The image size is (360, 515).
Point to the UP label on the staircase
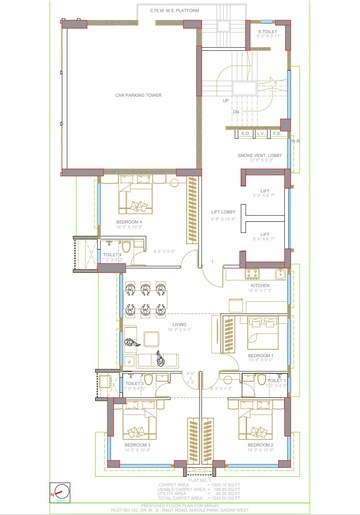click(x=225, y=101)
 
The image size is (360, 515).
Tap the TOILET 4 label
click(x=112, y=255)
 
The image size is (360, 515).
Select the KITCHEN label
click(x=261, y=285)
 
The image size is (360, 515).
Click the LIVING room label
click(x=180, y=325)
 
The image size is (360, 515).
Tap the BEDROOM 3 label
click(x=137, y=444)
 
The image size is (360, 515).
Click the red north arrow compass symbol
click(x=61, y=491)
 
